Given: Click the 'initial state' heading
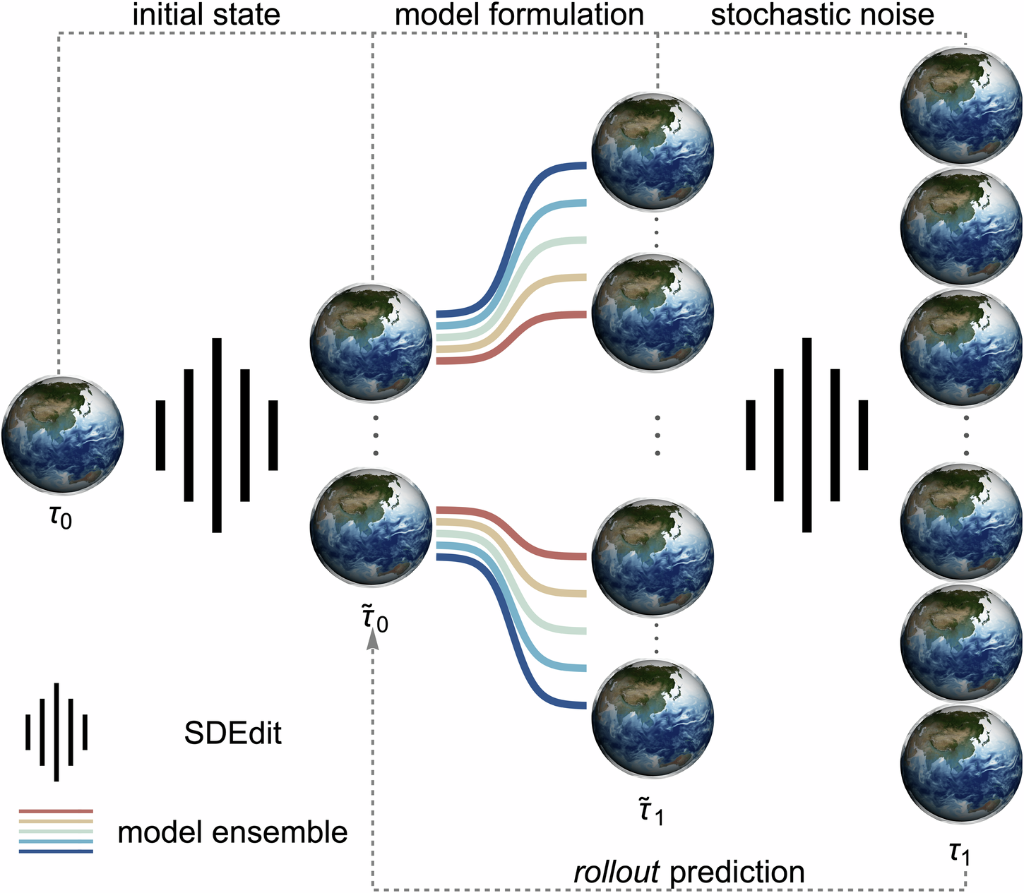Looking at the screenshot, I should tap(206, 15).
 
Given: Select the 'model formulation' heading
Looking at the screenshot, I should tap(519, 15).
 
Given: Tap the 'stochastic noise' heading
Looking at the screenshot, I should tap(822, 15).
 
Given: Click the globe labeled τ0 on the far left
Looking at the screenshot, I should tap(62, 433).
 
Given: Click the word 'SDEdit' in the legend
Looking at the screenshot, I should tap(232, 734).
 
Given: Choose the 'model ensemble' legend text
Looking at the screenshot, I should tap(232, 832).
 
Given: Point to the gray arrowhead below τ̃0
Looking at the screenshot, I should tap(372, 640).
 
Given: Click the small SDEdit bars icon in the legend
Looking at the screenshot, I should tap(56, 732).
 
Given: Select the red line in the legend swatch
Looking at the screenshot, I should tap(56, 812).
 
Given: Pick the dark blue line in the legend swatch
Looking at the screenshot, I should tap(56, 851).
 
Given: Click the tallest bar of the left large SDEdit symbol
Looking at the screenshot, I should tap(217, 435).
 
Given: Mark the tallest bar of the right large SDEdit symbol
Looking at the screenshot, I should tap(806, 435).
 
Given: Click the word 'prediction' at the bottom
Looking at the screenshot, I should tap(737, 873).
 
